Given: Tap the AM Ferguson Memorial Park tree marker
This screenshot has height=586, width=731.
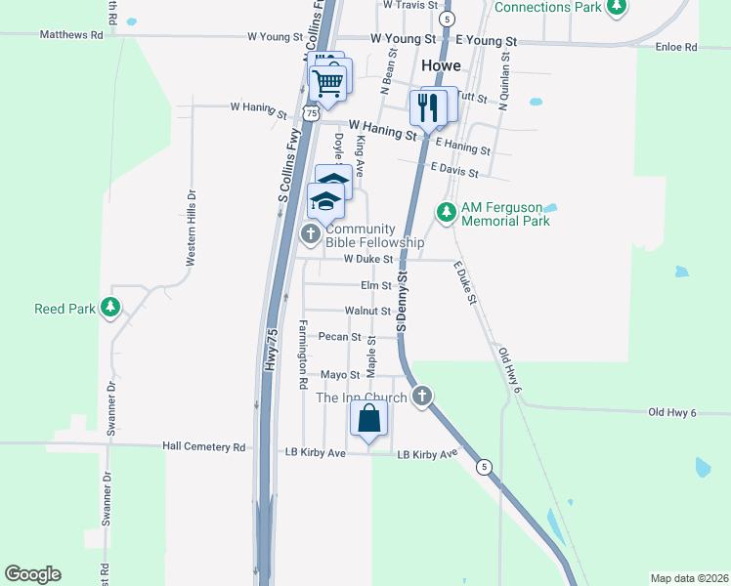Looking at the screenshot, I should point(447,212).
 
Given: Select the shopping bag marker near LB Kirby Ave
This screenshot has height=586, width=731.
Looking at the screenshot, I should point(369,419).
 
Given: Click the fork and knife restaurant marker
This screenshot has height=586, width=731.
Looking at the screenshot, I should point(428,106).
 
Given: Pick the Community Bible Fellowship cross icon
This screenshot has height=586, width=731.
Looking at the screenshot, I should point(311,233).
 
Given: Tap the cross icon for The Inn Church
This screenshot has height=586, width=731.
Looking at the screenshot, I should point(422,396).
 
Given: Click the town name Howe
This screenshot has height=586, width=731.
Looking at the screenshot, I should point(441,65).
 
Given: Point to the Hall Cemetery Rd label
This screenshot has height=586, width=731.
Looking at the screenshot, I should point(204,447).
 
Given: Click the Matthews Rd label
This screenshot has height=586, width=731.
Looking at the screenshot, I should point(71,34).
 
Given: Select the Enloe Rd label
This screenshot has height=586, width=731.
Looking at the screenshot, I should point(676,46).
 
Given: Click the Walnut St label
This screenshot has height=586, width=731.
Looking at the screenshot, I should point(367,311).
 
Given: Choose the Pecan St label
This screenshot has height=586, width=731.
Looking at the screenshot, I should point(340,337).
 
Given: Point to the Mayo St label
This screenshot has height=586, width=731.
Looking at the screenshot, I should point(341,374).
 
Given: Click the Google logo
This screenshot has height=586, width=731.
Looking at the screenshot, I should point(32,574).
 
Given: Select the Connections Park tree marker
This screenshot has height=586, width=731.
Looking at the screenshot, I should point(616,8).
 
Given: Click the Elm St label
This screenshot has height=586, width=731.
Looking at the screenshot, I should point(375,286).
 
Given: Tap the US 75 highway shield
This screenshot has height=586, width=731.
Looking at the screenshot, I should point(311,113).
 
